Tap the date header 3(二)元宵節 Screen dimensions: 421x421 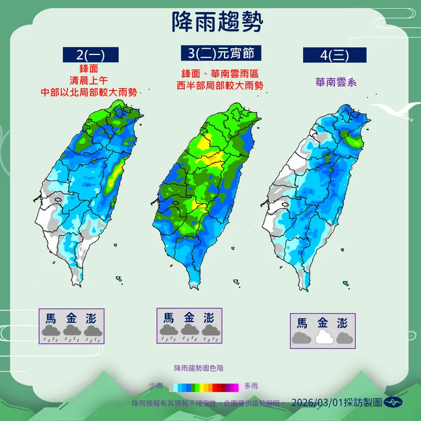pyautogui.click(x=222, y=53)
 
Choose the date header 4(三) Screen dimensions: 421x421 pyautogui.click(x=335, y=55)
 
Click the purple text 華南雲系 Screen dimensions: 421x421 pyautogui.click(x=335, y=82)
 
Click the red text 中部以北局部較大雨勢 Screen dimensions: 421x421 pyautogui.click(x=89, y=91)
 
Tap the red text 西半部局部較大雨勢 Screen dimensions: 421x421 pyautogui.click(x=219, y=86)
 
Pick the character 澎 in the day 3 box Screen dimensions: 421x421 pyautogui.click(x=209, y=317)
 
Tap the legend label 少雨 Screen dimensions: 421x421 pyautogui.click(x=156, y=386)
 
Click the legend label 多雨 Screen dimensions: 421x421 pyautogui.click(x=251, y=386)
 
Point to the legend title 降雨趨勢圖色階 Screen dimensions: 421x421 pyautogui.click(x=199, y=368)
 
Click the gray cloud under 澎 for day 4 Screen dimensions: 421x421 pyautogui.click(x=343, y=337)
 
